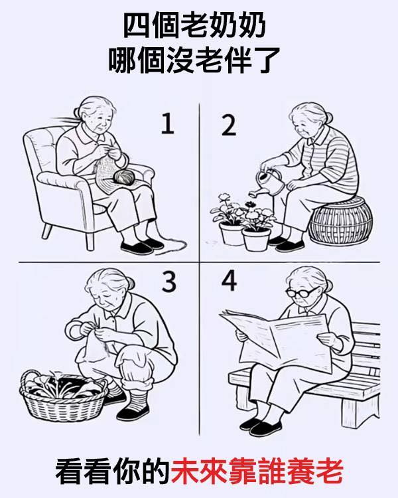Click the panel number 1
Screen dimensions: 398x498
[x=168, y=124]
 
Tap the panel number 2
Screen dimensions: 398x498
[x=229, y=125]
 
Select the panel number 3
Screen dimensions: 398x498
[x=169, y=282]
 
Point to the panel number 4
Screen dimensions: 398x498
[x=229, y=281]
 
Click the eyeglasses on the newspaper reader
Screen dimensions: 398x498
[x=300, y=292]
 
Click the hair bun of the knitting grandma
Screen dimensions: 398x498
[x=76, y=112]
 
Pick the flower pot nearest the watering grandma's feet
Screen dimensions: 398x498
[x=256, y=239]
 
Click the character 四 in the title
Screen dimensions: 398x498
[x=135, y=26]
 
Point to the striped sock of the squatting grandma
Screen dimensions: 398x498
[x=139, y=398]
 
